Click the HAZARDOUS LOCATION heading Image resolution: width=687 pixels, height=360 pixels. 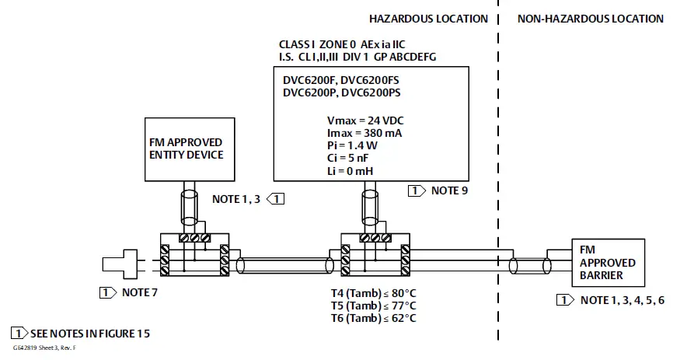tap(428, 19)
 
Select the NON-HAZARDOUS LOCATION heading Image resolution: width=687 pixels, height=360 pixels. tap(591, 19)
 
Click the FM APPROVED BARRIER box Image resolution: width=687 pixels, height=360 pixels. tap(607, 263)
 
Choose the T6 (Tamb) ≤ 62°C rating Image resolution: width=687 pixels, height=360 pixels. tap(373, 318)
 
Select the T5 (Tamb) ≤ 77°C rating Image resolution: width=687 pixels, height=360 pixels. tap(373, 306)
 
